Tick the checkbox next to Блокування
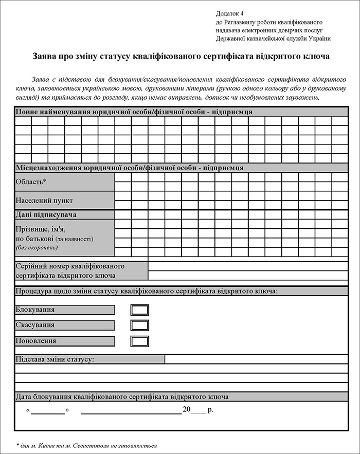(140, 310)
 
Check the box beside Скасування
(140, 325)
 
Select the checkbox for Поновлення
(140, 341)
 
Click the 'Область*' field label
(31, 181)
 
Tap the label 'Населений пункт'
(44, 200)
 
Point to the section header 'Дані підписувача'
(46, 214)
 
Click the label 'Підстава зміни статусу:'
(55, 359)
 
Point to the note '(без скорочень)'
(37, 247)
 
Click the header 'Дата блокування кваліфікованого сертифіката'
(122, 397)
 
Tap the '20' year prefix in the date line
(186, 410)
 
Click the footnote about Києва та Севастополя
(86, 446)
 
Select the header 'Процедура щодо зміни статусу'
(147, 291)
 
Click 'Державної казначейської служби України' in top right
(273, 39)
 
